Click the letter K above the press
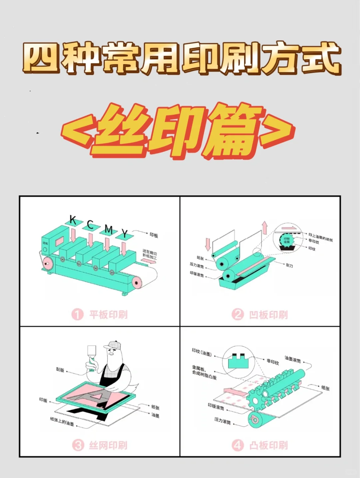pyautogui.click(x=73, y=220)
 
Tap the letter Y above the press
pyautogui.click(x=124, y=233)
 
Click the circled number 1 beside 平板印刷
pyautogui.click(x=77, y=314)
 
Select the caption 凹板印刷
pyautogui.click(x=268, y=315)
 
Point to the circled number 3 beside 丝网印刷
pyautogui.click(x=78, y=445)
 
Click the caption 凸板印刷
pyautogui.click(x=268, y=445)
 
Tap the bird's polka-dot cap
pyautogui.click(x=113, y=345)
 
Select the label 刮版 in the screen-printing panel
pyautogui.click(x=60, y=370)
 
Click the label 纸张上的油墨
pyautogui.click(x=62, y=421)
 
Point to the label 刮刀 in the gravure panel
pyautogui.click(x=289, y=265)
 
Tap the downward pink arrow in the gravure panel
pyautogui.click(x=208, y=244)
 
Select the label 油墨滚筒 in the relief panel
pyautogui.click(x=293, y=359)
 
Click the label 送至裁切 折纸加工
pyautogui.click(x=150, y=253)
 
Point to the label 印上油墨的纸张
pyautogui.click(x=320, y=237)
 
